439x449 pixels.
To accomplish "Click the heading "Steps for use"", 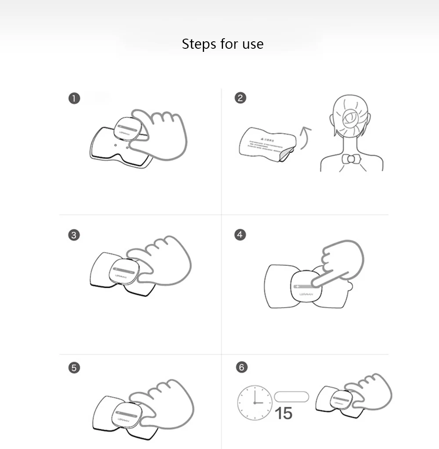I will click(223, 44).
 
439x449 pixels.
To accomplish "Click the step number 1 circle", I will click(74, 98).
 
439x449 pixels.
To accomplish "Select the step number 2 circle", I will click(240, 98).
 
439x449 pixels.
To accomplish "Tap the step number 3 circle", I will click(74, 235).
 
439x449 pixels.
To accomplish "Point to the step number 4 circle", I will click(240, 235).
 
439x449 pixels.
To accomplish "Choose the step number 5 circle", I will click(74, 368).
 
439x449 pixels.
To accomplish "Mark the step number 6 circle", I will click(241, 367).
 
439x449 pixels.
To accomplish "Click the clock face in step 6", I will click(255, 402).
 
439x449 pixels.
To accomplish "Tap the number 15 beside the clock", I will click(283, 413).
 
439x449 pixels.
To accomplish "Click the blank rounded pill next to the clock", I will click(291, 397).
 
